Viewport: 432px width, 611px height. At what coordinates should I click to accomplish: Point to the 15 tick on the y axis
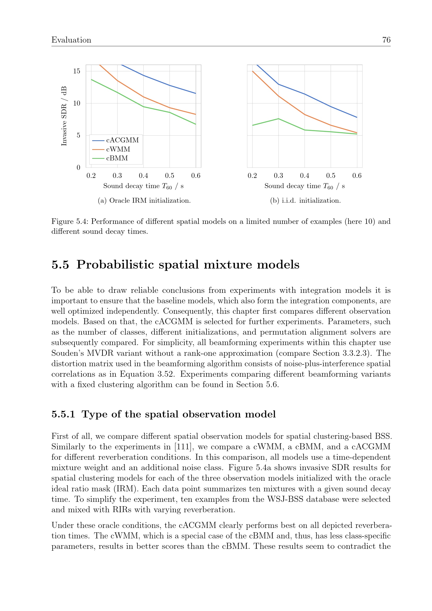pos(77,71)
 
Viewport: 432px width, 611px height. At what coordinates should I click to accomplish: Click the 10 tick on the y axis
pos(77,103)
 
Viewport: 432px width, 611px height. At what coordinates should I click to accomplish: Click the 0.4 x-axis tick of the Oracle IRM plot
pos(143,176)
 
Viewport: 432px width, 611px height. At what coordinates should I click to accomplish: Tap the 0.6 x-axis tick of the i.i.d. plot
pos(357,176)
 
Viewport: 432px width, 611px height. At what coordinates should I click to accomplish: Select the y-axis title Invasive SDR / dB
pos(64,116)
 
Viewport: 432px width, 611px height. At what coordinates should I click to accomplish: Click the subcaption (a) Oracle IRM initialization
pos(144,200)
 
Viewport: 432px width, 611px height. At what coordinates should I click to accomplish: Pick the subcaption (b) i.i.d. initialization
pos(305,200)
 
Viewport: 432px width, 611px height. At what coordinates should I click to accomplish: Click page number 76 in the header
pos(386,40)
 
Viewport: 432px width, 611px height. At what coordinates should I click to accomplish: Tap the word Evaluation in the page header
pos(71,40)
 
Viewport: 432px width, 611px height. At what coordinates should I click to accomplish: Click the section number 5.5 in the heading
pos(60,265)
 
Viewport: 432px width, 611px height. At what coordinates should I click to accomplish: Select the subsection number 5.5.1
pos(63,414)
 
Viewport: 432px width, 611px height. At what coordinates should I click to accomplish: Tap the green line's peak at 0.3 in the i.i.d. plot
pos(278,119)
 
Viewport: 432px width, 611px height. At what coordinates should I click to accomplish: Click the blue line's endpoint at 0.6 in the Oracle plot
pos(196,94)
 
